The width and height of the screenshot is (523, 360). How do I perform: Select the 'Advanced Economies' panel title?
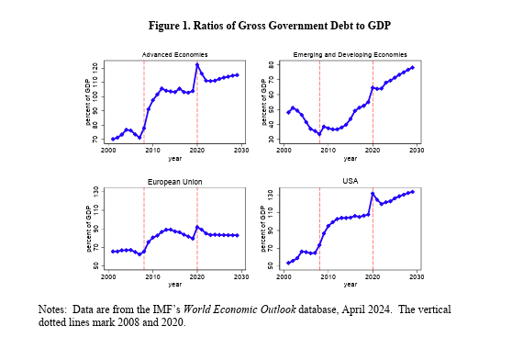click(x=173, y=55)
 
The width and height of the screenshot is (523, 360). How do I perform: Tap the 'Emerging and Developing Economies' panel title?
click(x=350, y=55)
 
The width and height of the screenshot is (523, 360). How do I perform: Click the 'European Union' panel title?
click(x=173, y=182)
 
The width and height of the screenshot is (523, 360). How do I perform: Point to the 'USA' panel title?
click(x=350, y=181)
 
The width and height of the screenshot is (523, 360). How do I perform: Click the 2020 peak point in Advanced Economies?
click(x=197, y=64)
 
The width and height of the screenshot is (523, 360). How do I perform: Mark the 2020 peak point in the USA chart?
click(x=373, y=194)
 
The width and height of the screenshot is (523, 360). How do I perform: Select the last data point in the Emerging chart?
click(x=413, y=67)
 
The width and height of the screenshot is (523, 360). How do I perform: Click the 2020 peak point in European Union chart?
click(x=197, y=227)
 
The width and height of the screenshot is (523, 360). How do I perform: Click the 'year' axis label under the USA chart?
click(x=350, y=285)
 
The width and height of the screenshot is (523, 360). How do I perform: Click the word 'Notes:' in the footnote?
click(x=54, y=310)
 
